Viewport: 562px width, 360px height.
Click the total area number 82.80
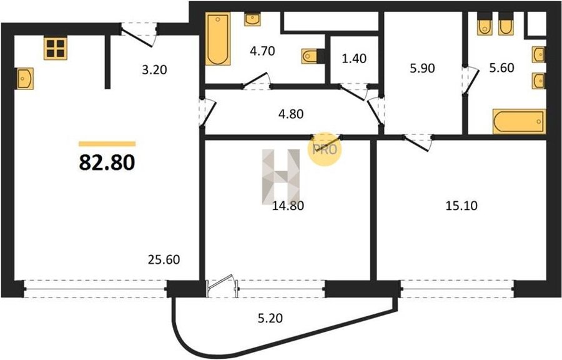[107, 162]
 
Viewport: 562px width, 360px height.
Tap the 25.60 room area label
[164, 259]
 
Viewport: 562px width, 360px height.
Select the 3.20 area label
[154, 69]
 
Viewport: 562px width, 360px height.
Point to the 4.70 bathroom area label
[262, 51]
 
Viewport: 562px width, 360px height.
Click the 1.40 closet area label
[354, 59]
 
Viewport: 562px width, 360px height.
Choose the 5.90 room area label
[423, 67]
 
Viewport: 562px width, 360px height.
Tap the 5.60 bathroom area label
[502, 67]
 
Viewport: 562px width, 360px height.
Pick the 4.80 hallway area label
[290, 114]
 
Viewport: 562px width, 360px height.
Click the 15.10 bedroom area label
[461, 206]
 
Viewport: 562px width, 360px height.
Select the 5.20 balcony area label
[270, 317]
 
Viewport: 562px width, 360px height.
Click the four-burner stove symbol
[56, 48]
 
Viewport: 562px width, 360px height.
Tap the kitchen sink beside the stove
[25, 79]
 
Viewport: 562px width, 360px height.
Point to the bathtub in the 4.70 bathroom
[218, 39]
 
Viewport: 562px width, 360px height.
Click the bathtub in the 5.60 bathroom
[519, 121]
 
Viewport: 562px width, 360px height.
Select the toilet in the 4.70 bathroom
[310, 56]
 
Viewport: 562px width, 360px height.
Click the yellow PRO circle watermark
[325, 149]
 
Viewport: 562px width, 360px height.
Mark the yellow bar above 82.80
[107, 144]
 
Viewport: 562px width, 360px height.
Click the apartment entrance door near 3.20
[139, 35]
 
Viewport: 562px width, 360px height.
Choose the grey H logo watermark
[280, 176]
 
